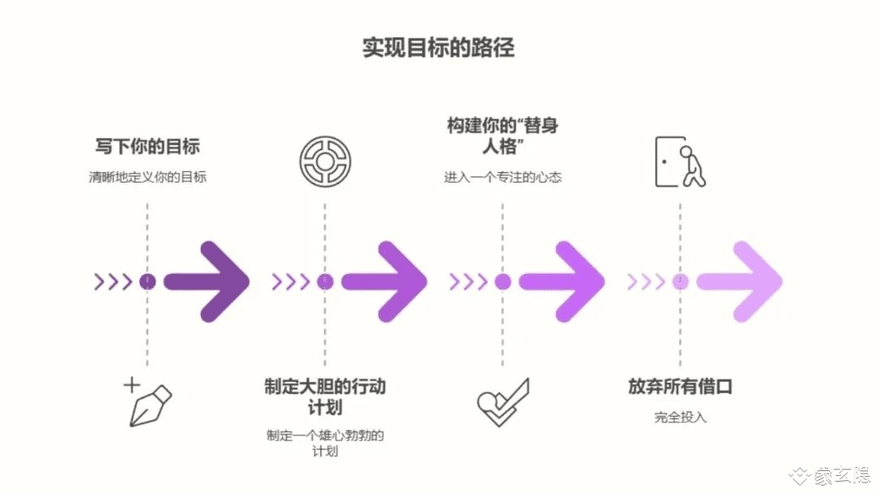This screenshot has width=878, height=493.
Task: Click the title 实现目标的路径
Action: point(438,47)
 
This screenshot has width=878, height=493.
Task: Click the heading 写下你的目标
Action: point(147,147)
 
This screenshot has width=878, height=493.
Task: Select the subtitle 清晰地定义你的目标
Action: point(147,176)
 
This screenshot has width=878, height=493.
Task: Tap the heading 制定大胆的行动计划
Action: point(324,396)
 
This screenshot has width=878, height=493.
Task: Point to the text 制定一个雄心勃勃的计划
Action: point(324,443)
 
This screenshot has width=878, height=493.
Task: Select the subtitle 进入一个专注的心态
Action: point(502,177)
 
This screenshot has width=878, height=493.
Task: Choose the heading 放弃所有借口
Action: point(680,387)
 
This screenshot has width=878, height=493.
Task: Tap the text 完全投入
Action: point(680,417)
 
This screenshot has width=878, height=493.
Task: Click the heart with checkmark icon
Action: point(502,403)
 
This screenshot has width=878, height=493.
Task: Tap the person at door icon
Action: point(680,162)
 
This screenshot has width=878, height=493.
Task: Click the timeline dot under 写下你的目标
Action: point(147,282)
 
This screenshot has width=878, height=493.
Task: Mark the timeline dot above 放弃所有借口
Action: point(680,282)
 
